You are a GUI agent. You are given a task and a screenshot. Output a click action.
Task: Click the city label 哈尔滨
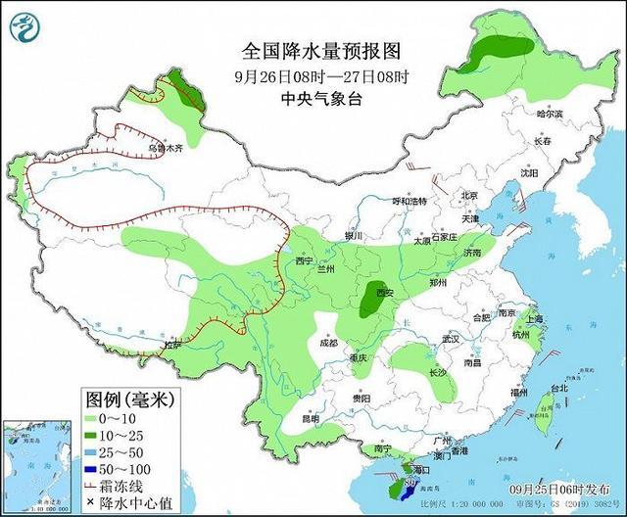(550, 114)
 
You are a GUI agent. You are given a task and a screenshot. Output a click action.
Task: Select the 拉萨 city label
(172, 345)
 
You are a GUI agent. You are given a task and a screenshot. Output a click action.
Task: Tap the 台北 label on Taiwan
(558, 388)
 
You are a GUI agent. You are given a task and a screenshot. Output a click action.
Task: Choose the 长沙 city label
(437, 373)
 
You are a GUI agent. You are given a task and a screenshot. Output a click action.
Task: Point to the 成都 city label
(327, 344)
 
